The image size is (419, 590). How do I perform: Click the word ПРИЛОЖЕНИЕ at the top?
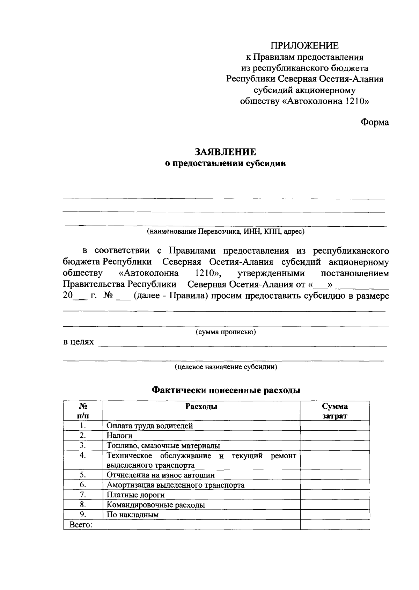pyautogui.click(x=304, y=46)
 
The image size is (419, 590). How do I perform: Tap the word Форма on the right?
pyautogui.click(x=375, y=123)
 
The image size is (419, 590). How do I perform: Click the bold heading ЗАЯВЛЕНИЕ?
pyautogui.click(x=225, y=152)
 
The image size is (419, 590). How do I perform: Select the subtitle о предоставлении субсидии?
pyautogui.click(x=225, y=163)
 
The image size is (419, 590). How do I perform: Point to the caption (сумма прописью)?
pyautogui.click(x=226, y=332)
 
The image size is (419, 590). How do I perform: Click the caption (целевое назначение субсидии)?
pyautogui.click(x=226, y=367)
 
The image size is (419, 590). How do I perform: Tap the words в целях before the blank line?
pyautogui.click(x=79, y=342)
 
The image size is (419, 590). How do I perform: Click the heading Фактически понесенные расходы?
pyautogui.click(x=226, y=390)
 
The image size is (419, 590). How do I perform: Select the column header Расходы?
pyautogui.click(x=201, y=407)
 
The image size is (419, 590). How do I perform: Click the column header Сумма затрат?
pyautogui.click(x=335, y=411)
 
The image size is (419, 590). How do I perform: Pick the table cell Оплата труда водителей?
pyautogui.click(x=149, y=426)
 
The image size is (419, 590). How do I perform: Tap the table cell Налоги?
pyautogui.click(x=119, y=436)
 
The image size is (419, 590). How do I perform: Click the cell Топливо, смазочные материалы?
pyautogui.click(x=163, y=446)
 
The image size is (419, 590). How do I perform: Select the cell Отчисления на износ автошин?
pyautogui.click(x=161, y=475)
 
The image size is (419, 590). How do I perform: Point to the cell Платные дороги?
pyautogui.click(x=135, y=495)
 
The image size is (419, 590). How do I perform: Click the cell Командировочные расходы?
pyautogui.click(x=155, y=505)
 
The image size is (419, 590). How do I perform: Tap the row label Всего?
pyautogui.click(x=81, y=525)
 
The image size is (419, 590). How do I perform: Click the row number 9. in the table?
pyautogui.click(x=83, y=514)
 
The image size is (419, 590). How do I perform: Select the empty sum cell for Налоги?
pyautogui.click(x=335, y=436)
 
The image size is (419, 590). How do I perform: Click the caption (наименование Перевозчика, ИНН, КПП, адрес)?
pyautogui.click(x=226, y=231)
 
